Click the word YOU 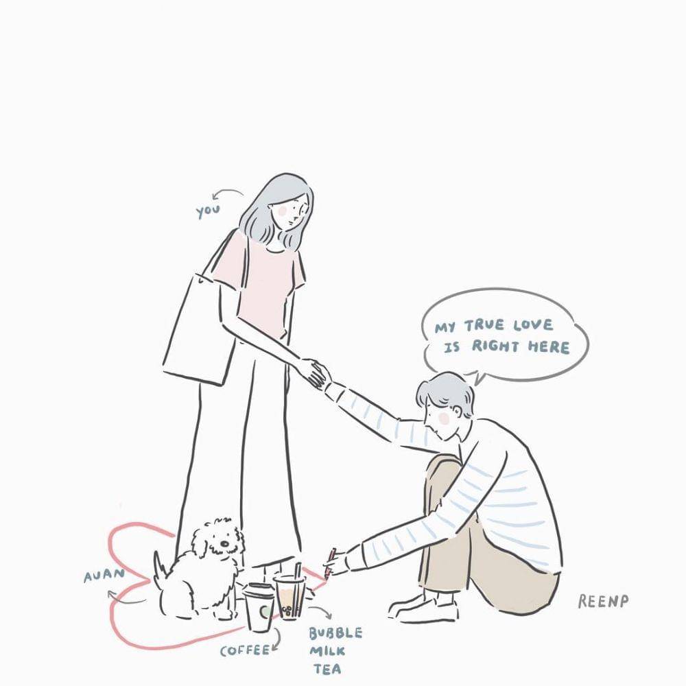[208, 211]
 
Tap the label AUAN [104, 576]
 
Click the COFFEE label [246, 651]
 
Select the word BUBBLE [335, 633]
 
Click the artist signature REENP [603, 602]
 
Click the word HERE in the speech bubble [549, 347]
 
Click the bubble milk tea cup [288, 598]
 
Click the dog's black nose [224, 544]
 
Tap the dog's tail [159, 567]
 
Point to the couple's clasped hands [316, 372]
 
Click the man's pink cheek [444, 418]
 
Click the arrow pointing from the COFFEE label [276, 641]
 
